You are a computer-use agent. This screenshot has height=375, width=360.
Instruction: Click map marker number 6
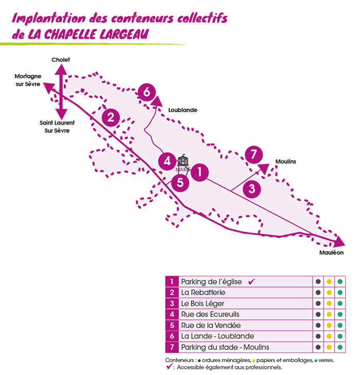coord(147,93)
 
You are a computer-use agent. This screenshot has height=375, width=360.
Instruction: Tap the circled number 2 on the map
coord(111,117)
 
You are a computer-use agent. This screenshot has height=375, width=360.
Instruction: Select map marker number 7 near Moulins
coord(254,154)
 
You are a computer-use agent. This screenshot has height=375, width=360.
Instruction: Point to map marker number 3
coord(251,189)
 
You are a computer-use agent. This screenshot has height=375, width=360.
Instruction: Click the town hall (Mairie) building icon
coord(183,160)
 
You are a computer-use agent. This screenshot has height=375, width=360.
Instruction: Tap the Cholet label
coord(61,60)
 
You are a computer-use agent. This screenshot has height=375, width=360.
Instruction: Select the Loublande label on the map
coord(183,110)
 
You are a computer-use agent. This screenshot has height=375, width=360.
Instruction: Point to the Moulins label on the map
coord(286,162)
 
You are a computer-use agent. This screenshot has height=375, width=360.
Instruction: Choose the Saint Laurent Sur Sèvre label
coord(57,127)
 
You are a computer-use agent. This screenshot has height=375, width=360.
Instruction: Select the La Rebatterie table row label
coord(203,293)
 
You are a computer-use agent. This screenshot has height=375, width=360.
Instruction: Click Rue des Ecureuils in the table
coord(210,314)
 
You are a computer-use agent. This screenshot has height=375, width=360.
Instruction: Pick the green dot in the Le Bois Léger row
coord(340,303)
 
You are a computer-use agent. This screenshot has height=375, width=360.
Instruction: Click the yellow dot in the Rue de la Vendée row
coord(329,326)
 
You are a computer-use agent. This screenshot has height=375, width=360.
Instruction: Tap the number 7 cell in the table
coord(171,347)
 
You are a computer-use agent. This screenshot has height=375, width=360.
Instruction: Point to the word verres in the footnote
coord(326,361)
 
